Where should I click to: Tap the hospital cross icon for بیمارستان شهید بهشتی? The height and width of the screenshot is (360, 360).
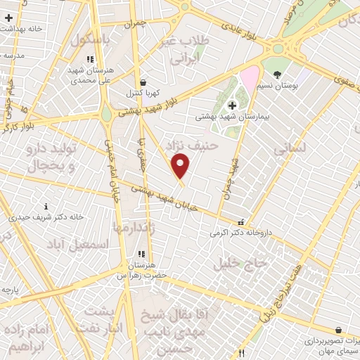(x=232, y=105)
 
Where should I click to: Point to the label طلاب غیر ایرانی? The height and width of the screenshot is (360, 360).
(x=186, y=49)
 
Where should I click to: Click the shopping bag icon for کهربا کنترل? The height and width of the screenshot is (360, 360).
(x=143, y=82)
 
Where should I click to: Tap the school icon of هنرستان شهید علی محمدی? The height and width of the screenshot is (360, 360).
(x=89, y=60)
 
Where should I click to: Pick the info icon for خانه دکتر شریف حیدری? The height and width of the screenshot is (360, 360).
(x=46, y=207)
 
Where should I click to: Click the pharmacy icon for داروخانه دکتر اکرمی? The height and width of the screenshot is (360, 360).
(x=241, y=221)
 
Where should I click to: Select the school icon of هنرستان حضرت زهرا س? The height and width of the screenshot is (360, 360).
(x=141, y=254)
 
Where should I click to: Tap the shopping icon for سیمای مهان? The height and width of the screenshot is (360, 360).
(x=338, y=330)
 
